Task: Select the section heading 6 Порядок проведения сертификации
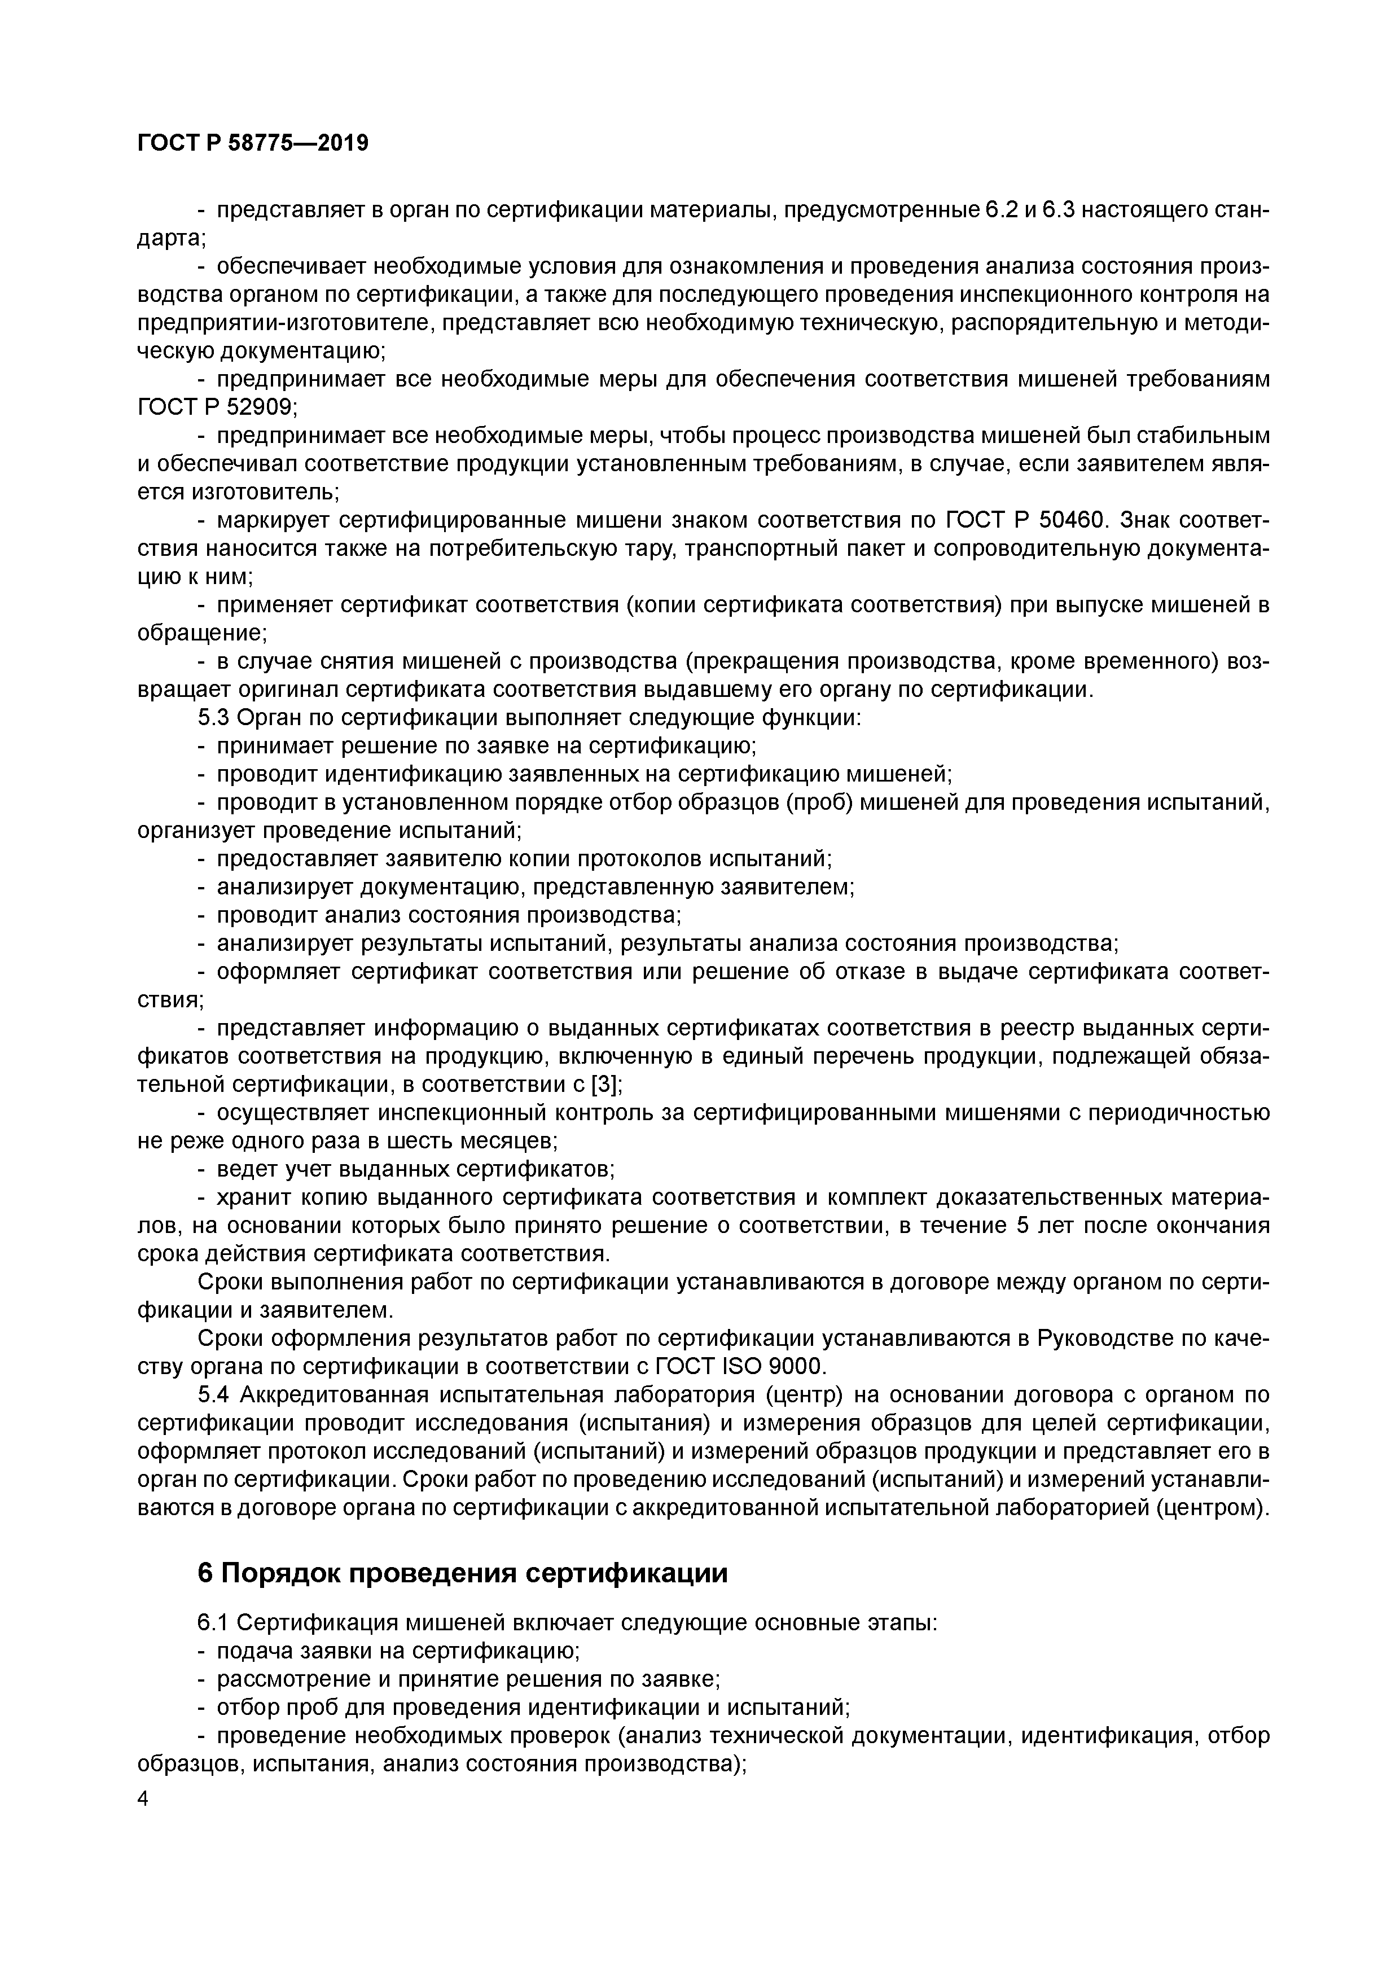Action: pos(462,1573)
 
